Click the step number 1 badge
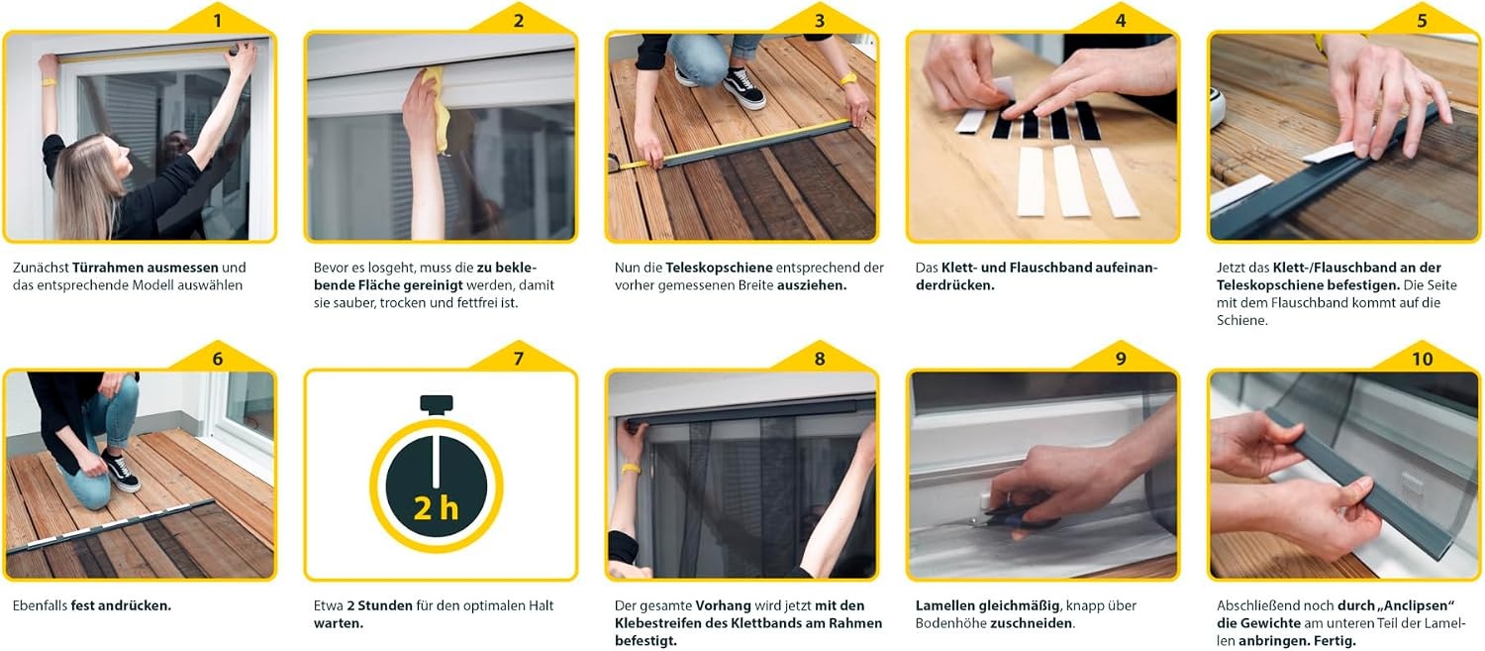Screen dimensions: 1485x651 [x=218, y=21]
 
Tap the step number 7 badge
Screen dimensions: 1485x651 [x=519, y=359]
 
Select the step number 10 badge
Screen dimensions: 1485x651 [x=1422, y=359]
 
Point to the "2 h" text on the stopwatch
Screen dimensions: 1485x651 [x=436, y=509]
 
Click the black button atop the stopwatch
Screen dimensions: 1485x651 [x=437, y=404]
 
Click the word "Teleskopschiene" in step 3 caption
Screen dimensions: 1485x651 [x=719, y=268]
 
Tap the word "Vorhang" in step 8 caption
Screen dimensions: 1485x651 [x=724, y=605]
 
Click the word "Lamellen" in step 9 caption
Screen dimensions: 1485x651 [x=944, y=605]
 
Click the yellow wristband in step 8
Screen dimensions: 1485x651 [x=632, y=469]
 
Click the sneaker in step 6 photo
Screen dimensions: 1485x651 [x=121, y=471]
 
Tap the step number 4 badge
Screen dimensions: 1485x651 [x=1121, y=21]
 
